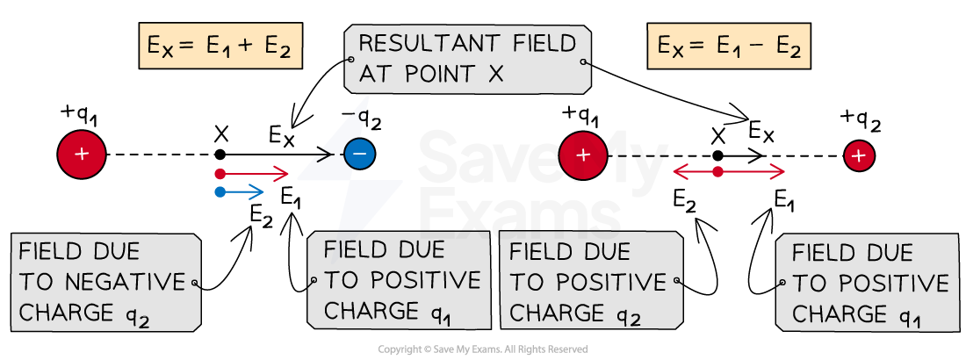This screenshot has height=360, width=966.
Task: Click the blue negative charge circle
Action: (x=358, y=155)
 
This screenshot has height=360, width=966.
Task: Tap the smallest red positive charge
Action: (x=859, y=156)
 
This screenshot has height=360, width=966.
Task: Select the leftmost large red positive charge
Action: (x=81, y=155)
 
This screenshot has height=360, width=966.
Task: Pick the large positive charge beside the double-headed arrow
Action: (x=583, y=156)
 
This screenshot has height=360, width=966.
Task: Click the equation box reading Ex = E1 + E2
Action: (x=220, y=47)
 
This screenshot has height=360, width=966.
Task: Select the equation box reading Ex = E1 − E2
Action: (x=729, y=47)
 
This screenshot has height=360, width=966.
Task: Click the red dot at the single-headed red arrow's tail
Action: (x=220, y=174)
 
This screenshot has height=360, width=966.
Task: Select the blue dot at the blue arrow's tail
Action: (x=220, y=191)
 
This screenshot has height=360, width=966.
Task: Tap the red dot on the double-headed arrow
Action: (x=717, y=172)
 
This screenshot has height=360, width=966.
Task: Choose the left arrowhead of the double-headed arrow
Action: (x=680, y=172)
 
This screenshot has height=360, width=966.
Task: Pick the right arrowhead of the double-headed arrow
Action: (x=778, y=172)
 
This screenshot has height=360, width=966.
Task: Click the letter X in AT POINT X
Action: (x=495, y=75)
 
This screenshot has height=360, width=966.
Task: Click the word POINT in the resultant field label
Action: (x=439, y=75)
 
